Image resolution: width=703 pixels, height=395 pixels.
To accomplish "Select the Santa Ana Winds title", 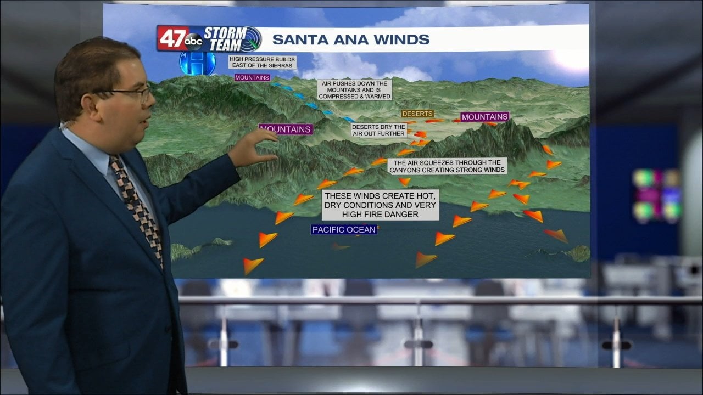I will pyautogui.click(x=351, y=39).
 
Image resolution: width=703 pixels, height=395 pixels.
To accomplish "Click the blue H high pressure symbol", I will pyautogui.click(x=190, y=64).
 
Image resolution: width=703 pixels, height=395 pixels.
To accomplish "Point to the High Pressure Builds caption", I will pyautogui.click(x=263, y=62).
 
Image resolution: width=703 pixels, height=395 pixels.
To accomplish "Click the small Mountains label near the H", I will pyautogui.click(x=252, y=78).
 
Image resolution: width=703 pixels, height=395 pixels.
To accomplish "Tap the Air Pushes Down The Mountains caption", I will pyautogui.click(x=355, y=90).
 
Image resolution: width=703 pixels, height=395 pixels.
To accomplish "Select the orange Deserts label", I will pyautogui.click(x=417, y=114).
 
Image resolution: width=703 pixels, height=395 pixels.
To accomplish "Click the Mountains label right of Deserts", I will pyautogui.click(x=484, y=117).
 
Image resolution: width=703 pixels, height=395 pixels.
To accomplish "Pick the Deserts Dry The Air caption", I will pyautogui.click(x=379, y=130).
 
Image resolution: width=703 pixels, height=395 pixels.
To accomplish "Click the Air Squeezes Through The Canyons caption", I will pyautogui.click(x=447, y=166).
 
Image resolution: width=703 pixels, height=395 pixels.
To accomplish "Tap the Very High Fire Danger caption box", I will pyautogui.click(x=380, y=205).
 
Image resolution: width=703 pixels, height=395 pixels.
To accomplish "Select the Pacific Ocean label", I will pyautogui.click(x=344, y=230).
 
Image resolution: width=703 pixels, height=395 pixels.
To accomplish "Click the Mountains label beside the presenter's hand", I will pyautogui.click(x=286, y=129).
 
